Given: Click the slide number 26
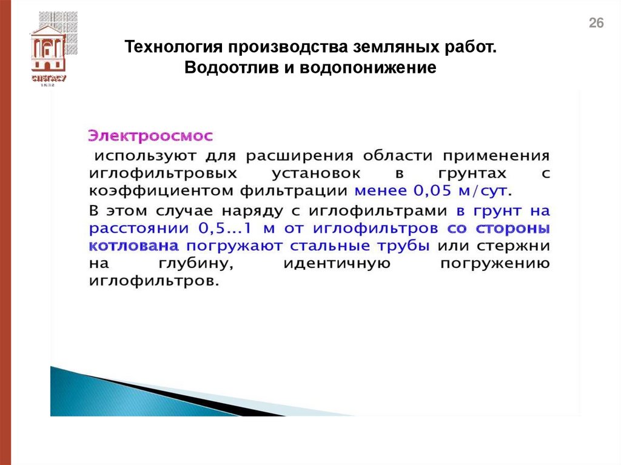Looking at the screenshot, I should [597, 24].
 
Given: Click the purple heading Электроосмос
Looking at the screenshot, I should [151, 134].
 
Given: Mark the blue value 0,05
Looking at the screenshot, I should [421, 191].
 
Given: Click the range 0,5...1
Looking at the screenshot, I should [226, 229].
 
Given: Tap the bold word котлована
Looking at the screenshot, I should [133, 247].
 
